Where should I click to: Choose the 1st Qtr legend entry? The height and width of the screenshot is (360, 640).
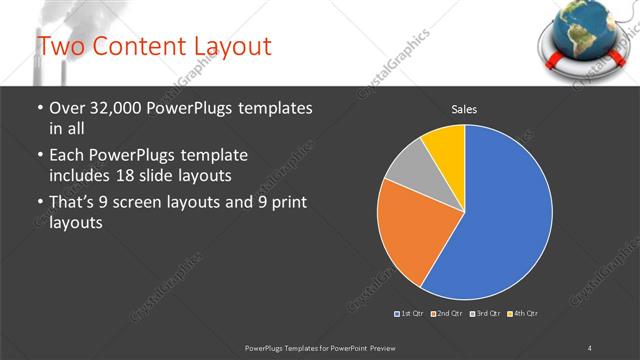click(x=410, y=314)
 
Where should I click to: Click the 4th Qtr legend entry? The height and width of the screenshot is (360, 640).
click(x=523, y=314)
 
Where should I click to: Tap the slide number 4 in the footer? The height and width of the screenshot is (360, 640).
click(x=589, y=346)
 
